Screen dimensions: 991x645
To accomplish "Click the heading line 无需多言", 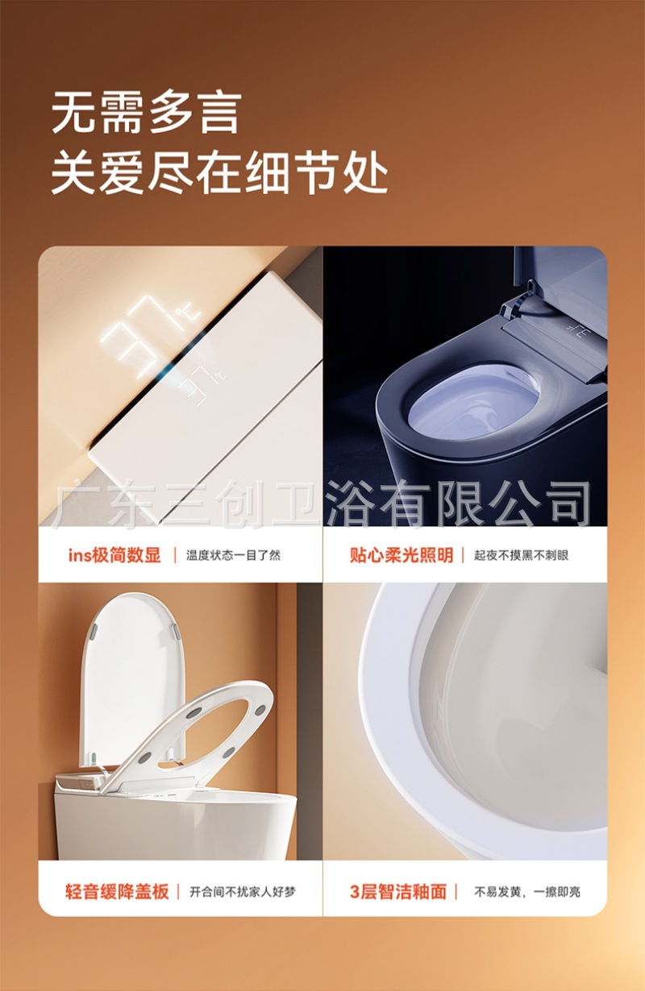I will click(x=147, y=114).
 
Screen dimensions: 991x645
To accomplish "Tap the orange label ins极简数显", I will click(x=114, y=555).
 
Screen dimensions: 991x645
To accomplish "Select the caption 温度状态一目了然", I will click(x=233, y=556).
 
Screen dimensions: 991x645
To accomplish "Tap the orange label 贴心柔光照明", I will click(x=401, y=555).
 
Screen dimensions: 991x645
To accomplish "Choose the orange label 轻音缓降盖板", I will click(x=117, y=892).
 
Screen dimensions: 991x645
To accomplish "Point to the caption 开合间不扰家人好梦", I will click(x=243, y=892).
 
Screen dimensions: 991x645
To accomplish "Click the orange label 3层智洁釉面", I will click(x=397, y=892).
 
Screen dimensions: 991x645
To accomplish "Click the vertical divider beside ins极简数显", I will click(x=175, y=556).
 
